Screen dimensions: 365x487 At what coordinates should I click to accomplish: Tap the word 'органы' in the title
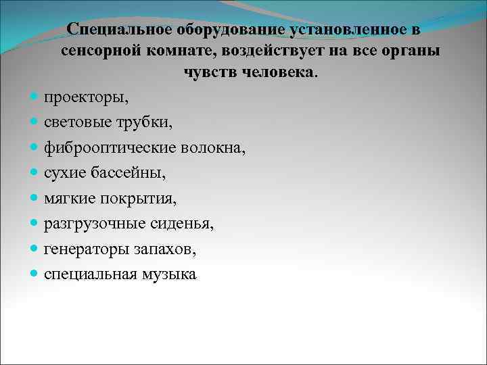(x=411, y=51)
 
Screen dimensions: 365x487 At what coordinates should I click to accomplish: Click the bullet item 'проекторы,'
(x=86, y=97)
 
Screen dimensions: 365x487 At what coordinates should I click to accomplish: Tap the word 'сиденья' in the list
(x=186, y=223)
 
